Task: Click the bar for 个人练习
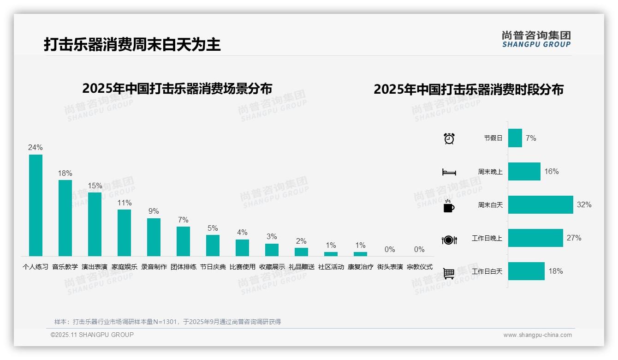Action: click(36, 205)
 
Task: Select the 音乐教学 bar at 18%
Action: click(65, 218)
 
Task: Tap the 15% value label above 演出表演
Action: click(95, 186)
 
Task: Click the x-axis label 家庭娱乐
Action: click(124, 267)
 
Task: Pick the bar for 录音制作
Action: click(154, 237)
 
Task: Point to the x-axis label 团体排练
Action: click(183, 267)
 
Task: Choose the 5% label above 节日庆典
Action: click(213, 228)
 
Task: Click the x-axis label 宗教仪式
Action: click(419, 267)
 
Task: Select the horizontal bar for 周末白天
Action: click(540, 204)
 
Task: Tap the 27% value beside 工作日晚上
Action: click(574, 238)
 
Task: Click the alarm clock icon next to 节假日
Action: click(449, 138)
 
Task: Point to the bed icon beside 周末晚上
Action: click(449, 172)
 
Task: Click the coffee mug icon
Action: click(449, 205)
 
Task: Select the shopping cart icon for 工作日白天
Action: click(449, 273)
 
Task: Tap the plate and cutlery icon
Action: click(449, 240)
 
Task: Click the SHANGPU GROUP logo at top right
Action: click(536, 39)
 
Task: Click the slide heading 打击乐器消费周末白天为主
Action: click(132, 44)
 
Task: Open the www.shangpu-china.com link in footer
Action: click(537, 335)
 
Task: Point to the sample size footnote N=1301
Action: click(167, 322)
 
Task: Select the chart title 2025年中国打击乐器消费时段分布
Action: click(468, 90)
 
